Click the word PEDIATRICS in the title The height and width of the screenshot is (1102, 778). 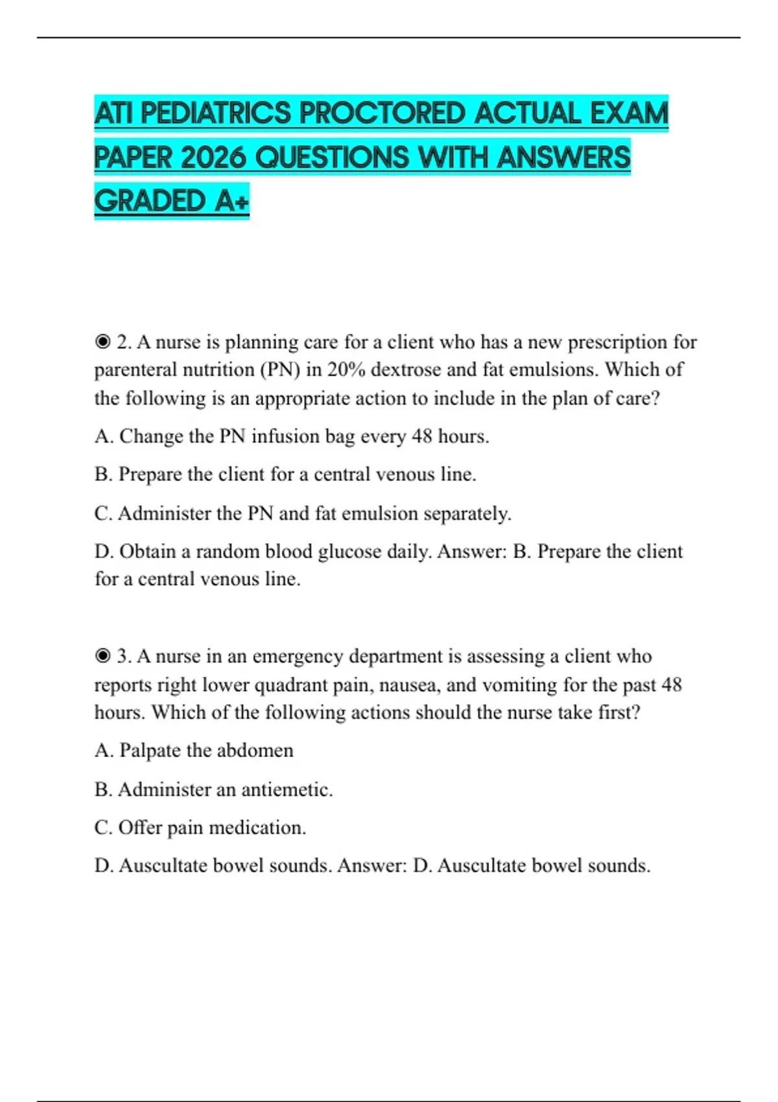coord(216,114)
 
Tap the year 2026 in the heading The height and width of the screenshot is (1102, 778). coord(213,158)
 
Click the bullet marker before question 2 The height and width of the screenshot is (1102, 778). coord(102,342)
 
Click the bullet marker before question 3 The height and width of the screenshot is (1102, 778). coord(102,657)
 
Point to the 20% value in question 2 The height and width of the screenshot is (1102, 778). coord(346,369)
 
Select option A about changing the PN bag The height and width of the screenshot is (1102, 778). coord(292,436)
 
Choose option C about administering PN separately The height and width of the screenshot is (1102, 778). coord(303,513)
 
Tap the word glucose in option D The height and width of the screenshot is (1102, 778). coord(349,552)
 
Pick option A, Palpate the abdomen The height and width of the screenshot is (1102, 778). coord(194,751)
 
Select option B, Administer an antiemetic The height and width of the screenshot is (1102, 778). coord(213,790)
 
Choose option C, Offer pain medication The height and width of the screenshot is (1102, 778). coord(200,828)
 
